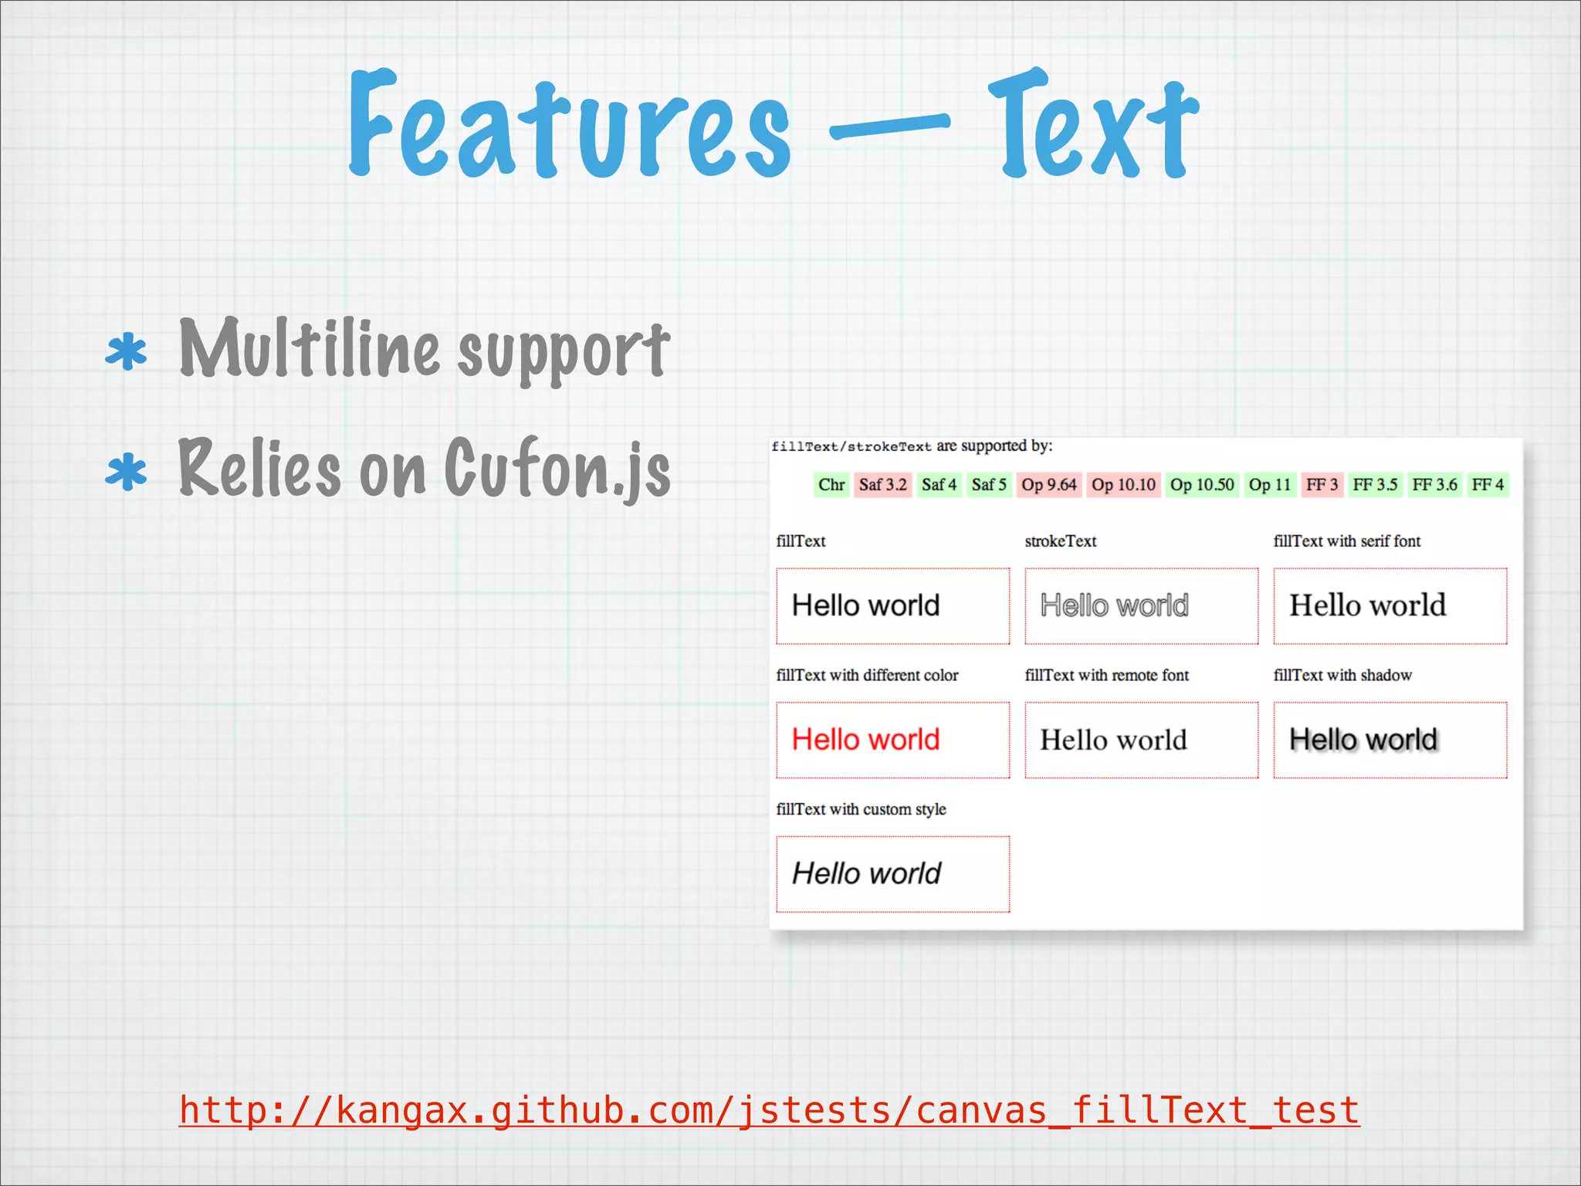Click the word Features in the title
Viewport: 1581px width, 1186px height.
pos(570,125)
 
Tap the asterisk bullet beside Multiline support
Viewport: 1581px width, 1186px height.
pos(127,353)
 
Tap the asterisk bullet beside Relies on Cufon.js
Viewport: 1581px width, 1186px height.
pos(127,473)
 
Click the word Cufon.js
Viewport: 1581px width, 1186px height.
pos(557,468)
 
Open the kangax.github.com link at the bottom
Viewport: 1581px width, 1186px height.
pos(769,1110)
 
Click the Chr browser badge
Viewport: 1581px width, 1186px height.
pos(831,485)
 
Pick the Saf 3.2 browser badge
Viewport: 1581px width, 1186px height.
pos(882,485)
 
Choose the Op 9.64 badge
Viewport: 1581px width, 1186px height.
pos(1048,485)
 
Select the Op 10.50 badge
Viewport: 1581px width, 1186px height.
pos(1201,485)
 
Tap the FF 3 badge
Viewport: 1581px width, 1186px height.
pos(1322,485)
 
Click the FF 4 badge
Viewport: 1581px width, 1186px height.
pos(1487,485)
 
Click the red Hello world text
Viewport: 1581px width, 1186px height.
pos(865,740)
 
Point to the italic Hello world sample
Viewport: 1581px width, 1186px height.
pos(866,874)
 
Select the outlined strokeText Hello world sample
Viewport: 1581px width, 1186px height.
pos(1114,606)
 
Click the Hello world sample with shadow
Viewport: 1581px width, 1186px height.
pos(1363,740)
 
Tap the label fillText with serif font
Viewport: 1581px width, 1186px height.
pos(1346,541)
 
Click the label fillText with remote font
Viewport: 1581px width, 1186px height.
pos(1106,676)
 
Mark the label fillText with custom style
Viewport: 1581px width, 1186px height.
pos(861,809)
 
